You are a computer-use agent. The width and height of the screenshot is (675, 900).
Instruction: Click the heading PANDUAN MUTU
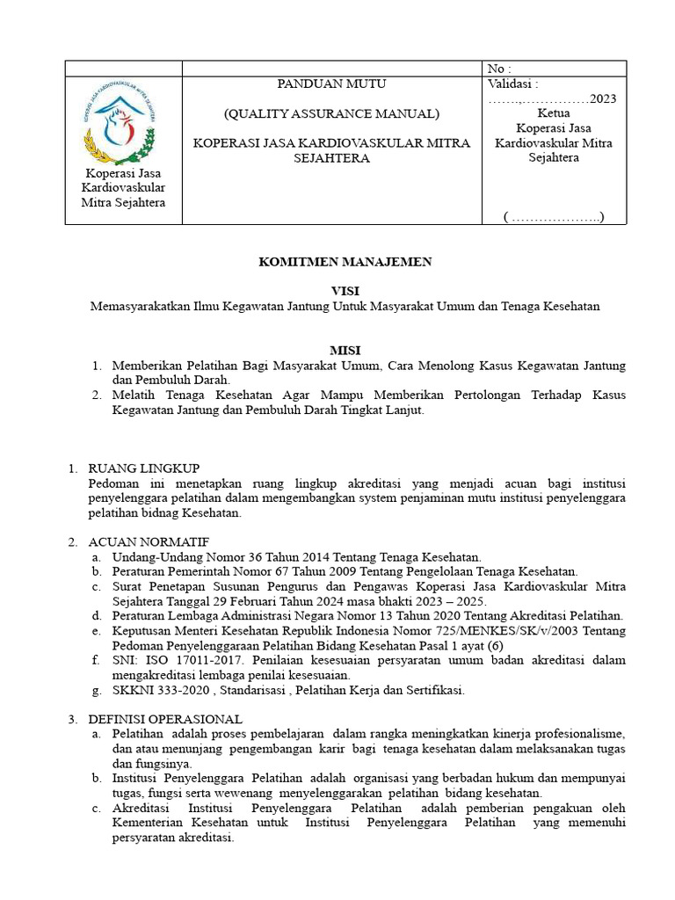click(x=331, y=83)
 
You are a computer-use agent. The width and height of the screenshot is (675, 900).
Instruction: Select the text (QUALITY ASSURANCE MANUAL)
click(x=331, y=113)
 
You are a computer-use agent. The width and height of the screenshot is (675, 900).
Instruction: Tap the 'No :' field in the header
click(x=498, y=69)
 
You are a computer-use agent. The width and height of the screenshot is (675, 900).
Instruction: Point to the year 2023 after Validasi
click(x=603, y=98)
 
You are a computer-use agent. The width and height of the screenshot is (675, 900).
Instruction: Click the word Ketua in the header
click(x=553, y=113)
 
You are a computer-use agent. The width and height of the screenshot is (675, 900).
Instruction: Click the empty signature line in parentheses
click(x=554, y=216)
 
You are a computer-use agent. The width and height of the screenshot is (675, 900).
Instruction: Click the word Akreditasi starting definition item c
click(x=142, y=808)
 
